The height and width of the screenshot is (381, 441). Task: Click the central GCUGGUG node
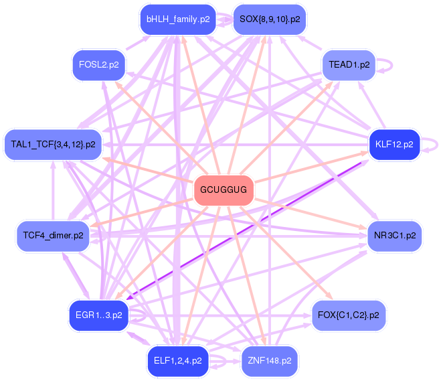click(224, 191)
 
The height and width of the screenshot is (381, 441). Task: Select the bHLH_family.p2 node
click(178, 19)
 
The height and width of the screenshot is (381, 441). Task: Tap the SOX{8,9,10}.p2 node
click(270, 19)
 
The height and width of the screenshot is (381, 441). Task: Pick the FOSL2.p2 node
click(99, 65)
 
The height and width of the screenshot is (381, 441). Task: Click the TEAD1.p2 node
click(349, 65)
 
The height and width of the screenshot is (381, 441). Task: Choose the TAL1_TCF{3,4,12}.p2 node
click(54, 144)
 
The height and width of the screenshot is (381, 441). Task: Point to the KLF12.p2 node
click(394, 144)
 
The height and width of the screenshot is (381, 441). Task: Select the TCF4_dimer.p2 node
click(54, 236)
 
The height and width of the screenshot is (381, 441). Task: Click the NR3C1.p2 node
click(394, 236)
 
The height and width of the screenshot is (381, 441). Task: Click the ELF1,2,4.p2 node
click(178, 361)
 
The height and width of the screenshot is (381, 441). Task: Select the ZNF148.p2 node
click(270, 361)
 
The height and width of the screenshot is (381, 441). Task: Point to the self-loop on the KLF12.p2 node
click(434, 143)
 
